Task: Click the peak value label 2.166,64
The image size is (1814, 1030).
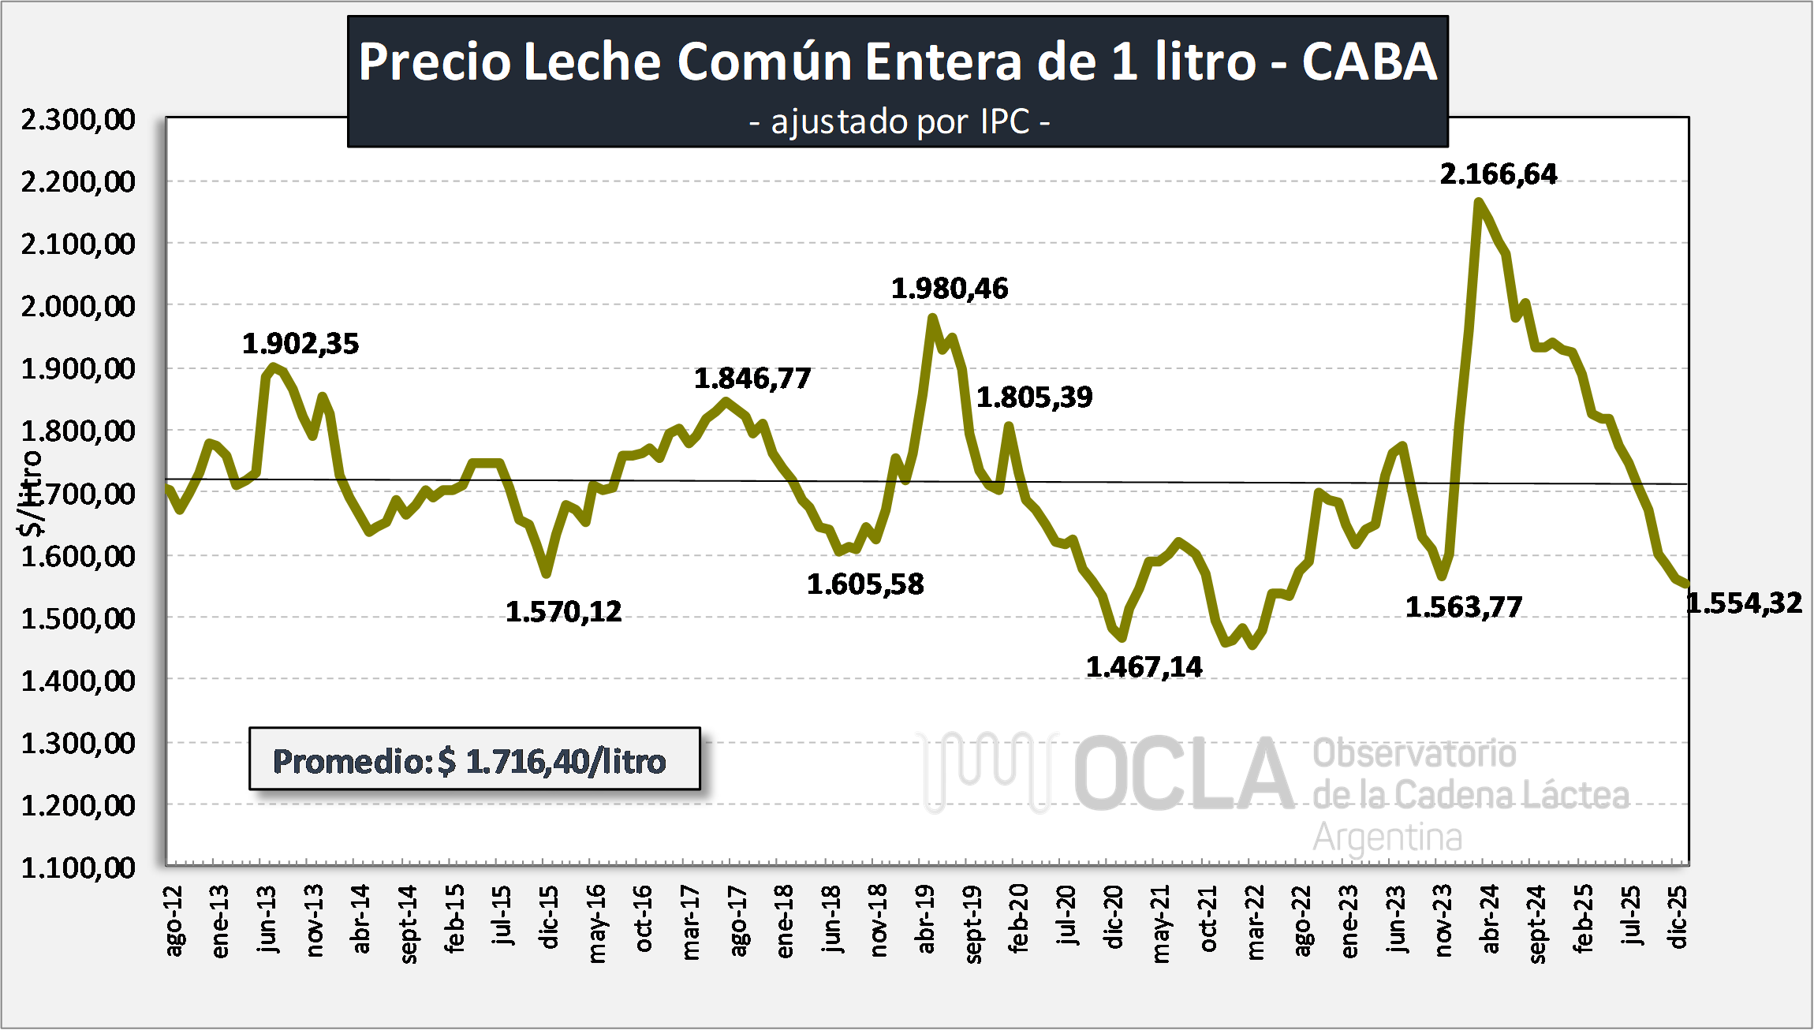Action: (x=1499, y=174)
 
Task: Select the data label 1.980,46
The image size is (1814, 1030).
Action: (x=950, y=289)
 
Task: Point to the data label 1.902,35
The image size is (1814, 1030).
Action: (x=300, y=344)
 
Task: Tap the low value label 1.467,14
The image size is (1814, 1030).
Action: (x=1144, y=667)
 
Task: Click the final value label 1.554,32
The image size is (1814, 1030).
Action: (x=1745, y=603)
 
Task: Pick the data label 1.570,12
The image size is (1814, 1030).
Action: (x=564, y=611)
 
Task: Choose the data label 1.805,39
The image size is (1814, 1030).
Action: (x=1035, y=397)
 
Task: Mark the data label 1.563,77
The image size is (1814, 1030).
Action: (x=1464, y=607)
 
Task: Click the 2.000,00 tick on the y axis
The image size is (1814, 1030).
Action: (x=78, y=306)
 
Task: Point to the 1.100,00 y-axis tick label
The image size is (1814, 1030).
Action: (x=78, y=868)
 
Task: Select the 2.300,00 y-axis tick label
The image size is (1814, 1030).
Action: (x=78, y=119)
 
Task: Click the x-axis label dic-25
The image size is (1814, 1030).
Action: (x=1678, y=917)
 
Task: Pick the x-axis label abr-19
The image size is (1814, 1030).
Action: (x=926, y=919)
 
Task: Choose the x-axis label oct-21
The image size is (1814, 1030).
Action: (x=1208, y=919)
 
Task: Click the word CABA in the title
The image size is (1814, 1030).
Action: (x=1369, y=62)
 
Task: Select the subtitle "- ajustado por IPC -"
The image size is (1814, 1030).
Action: (x=899, y=122)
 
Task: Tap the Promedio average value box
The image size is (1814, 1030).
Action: (x=474, y=759)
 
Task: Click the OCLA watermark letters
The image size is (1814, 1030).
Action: (x=1183, y=774)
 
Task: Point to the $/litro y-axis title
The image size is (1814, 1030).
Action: (x=31, y=493)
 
